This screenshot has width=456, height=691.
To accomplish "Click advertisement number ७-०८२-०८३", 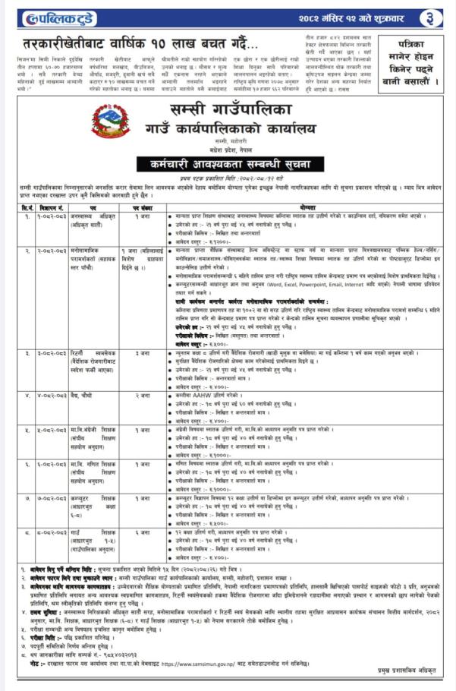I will (x=51, y=499).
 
